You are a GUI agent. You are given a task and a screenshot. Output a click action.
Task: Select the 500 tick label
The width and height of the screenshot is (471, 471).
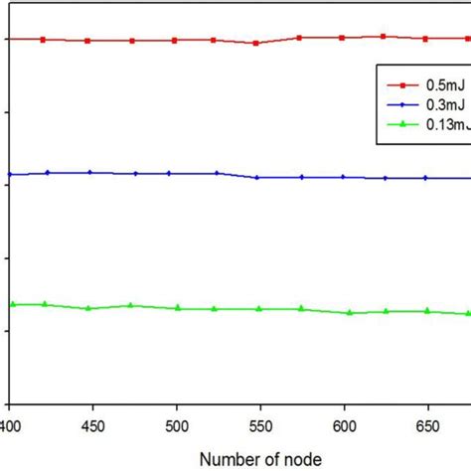click(177, 422)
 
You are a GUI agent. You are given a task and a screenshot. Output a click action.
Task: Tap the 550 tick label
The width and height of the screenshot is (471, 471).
click(260, 422)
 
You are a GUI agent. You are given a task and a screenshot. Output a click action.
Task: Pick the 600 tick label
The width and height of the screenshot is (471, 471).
click(344, 422)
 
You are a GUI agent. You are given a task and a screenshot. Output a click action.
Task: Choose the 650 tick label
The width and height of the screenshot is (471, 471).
click(427, 422)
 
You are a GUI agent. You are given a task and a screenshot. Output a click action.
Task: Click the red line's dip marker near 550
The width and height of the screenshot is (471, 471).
click(256, 43)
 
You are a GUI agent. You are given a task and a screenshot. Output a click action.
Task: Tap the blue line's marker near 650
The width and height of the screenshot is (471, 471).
click(426, 178)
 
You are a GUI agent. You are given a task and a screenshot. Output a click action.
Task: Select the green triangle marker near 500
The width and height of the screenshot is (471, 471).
click(178, 308)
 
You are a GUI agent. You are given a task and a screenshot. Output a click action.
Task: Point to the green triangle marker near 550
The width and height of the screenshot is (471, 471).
click(259, 308)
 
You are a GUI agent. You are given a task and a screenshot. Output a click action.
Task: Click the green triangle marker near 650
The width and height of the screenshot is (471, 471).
click(428, 311)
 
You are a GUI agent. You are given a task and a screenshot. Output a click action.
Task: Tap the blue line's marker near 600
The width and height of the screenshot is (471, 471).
click(344, 177)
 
